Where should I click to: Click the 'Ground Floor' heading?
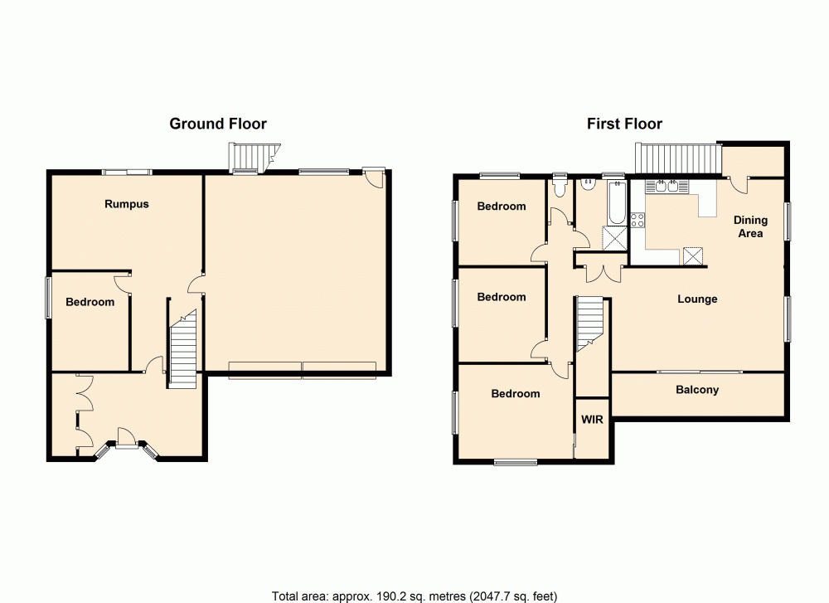[218, 124]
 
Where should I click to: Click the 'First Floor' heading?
[624, 124]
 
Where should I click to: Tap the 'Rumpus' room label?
[127, 203]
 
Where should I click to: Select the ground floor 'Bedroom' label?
[90, 302]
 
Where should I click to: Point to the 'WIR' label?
[592, 420]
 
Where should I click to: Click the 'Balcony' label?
[697, 390]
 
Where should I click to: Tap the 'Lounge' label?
[697, 299]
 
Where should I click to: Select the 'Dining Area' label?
[750, 226]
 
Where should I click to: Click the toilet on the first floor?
[560, 187]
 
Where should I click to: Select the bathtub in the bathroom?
[614, 204]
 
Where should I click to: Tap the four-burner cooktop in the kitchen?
[638, 220]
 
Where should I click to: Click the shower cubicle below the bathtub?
[615, 237]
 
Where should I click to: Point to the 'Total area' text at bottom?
[414, 596]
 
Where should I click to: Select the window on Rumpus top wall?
[127, 172]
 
